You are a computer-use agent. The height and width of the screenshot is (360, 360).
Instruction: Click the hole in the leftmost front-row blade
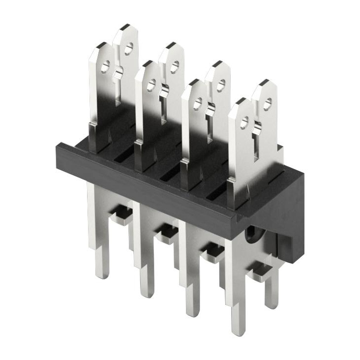tap(105, 66)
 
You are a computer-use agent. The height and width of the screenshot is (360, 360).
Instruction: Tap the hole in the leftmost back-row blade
tap(128, 48)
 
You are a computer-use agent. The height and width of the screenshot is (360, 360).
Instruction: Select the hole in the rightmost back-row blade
tap(267, 104)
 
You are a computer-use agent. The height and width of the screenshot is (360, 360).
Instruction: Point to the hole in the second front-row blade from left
tap(151, 85)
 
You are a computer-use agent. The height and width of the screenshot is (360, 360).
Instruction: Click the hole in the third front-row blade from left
tap(198, 103)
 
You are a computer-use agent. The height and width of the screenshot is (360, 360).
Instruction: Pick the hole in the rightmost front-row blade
tap(244, 122)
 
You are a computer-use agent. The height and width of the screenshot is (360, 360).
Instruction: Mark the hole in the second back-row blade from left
tap(175, 67)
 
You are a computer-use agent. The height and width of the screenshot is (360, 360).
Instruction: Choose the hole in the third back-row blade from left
tap(221, 85)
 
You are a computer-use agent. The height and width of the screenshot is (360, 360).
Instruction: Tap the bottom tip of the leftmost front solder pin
tap(102, 276)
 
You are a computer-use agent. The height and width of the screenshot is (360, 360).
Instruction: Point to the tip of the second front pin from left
tap(147, 295)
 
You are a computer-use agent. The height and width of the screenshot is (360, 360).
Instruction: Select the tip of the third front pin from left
tap(192, 314)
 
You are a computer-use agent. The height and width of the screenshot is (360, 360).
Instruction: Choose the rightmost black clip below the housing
tap(259, 270)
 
